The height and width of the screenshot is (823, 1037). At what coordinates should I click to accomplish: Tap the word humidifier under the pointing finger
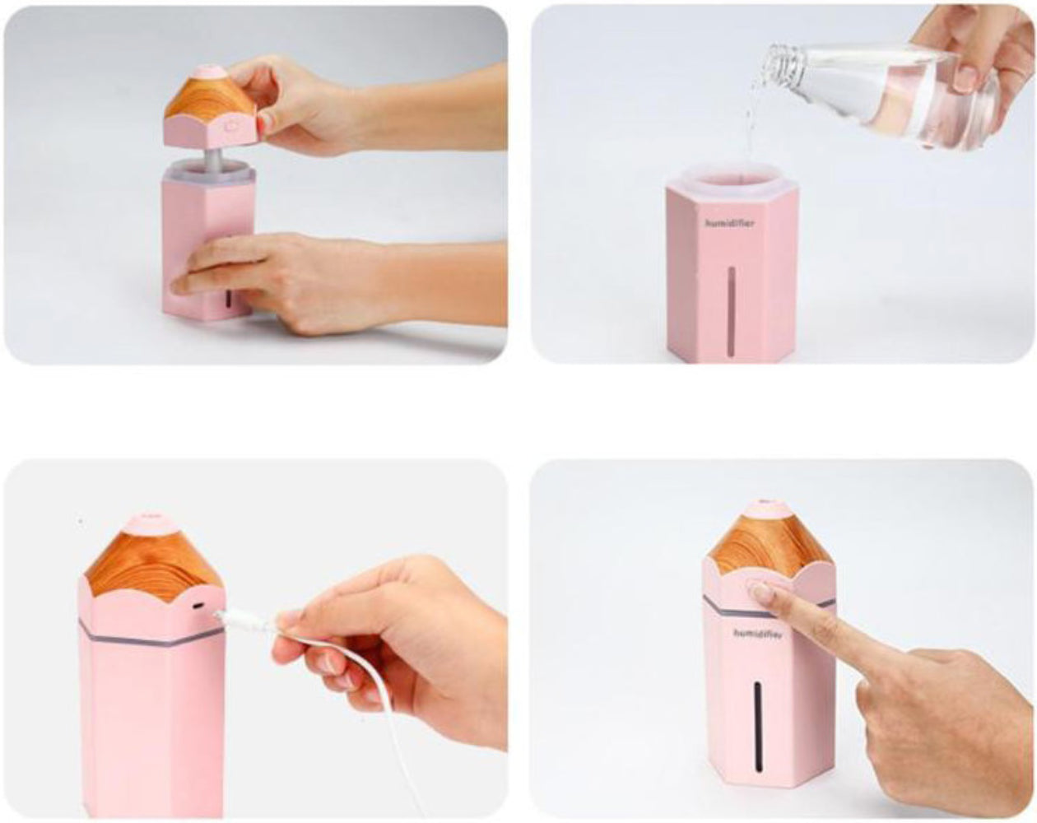(758, 633)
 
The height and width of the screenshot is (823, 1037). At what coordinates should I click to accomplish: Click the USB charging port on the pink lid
(198, 606)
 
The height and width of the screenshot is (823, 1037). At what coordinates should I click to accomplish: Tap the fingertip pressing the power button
(761, 591)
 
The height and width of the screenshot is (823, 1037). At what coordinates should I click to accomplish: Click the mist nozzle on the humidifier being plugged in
(151, 522)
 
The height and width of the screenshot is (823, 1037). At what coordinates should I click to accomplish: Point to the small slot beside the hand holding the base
(229, 299)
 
